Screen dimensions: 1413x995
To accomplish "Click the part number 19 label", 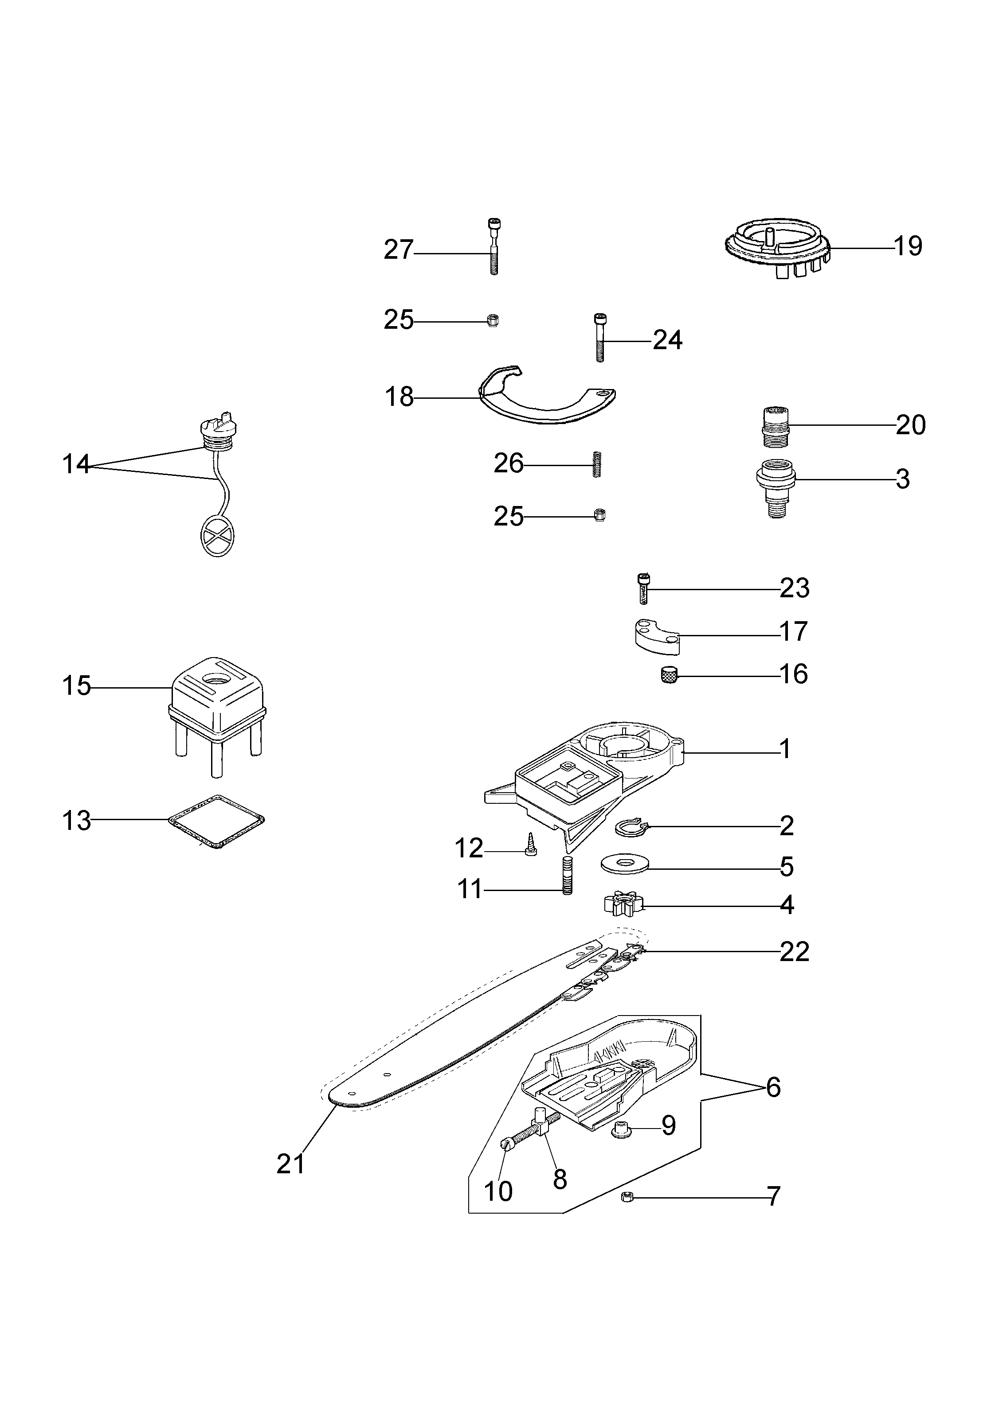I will (x=908, y=246).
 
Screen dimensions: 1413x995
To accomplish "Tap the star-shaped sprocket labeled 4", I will (x=621, y=905).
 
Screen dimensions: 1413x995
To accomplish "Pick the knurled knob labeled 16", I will (x=669, y=675).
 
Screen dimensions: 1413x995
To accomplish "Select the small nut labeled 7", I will (x=628, y=1197).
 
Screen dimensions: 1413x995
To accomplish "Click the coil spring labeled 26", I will (x=596, y=464).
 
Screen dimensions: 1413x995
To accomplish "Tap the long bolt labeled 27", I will (x=493, y=246).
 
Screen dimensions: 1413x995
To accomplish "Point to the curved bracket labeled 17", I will (x=656, y=638).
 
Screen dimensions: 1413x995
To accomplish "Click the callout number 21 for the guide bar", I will (x=290, y=1164).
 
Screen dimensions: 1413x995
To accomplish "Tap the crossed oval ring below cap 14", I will (x=217, y=535).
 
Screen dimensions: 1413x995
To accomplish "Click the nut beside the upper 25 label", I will (x=492, y=319).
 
